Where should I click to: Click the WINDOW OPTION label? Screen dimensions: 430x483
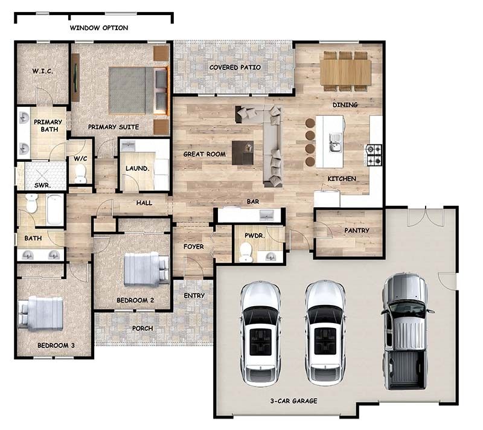(98, 28)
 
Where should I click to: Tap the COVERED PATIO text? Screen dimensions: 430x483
(235, 67)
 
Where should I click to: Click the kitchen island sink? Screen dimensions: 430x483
(334, 143)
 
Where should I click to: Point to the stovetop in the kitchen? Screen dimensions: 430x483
(374, 154)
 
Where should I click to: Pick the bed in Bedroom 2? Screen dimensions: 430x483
(144, 269)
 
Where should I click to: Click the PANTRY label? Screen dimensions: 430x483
(356, 230)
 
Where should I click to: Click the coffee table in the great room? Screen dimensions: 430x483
(243, 152)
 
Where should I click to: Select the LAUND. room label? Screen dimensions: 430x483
(136, 168)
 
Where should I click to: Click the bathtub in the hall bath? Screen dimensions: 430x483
(54, 209)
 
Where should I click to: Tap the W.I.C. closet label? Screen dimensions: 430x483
(42, 71)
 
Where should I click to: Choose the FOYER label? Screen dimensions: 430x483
(193, 246)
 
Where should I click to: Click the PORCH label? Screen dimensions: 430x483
(142, 328)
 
